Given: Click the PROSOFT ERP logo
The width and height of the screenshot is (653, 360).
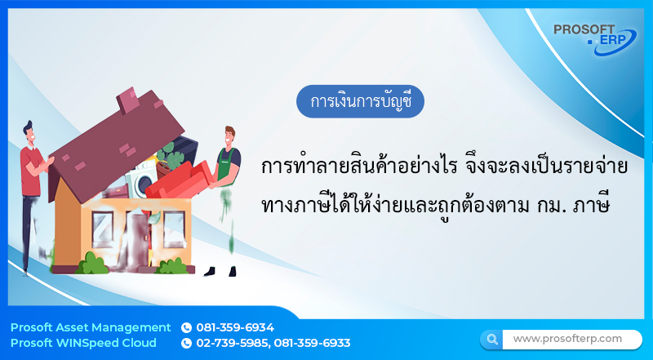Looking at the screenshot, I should coord(593,38).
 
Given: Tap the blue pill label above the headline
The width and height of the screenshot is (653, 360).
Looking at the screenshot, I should coord(361,102).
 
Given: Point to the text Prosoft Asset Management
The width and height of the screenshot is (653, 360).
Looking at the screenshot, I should coord(91,327).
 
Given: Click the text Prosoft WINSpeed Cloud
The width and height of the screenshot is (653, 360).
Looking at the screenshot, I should coord(85,343).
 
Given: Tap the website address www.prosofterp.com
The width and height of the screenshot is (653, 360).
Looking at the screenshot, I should coord(566,338).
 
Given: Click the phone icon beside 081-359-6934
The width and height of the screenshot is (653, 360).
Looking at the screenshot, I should coord(186,327).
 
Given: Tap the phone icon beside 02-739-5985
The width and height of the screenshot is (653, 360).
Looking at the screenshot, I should coord(186,343).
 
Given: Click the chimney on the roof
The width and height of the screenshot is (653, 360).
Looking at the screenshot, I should coord(128,100).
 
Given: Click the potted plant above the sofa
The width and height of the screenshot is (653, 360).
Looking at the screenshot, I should coord(171,153).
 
